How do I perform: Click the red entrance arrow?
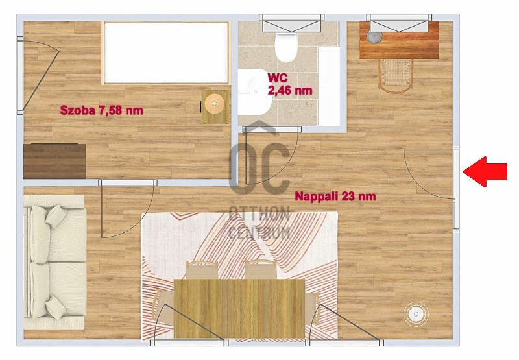485,172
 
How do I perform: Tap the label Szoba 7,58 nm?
102,110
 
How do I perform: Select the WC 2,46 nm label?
290,84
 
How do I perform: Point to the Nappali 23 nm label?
335,196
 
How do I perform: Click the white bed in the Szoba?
166,53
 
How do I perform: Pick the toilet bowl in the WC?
286,47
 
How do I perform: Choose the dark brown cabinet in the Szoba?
54,161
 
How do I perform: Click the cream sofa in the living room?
55,262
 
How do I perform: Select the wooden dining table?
239,308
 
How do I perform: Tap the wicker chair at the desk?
396,76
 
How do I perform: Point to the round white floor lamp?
416,313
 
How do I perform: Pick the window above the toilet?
291,23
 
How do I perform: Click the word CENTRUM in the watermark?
259,232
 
